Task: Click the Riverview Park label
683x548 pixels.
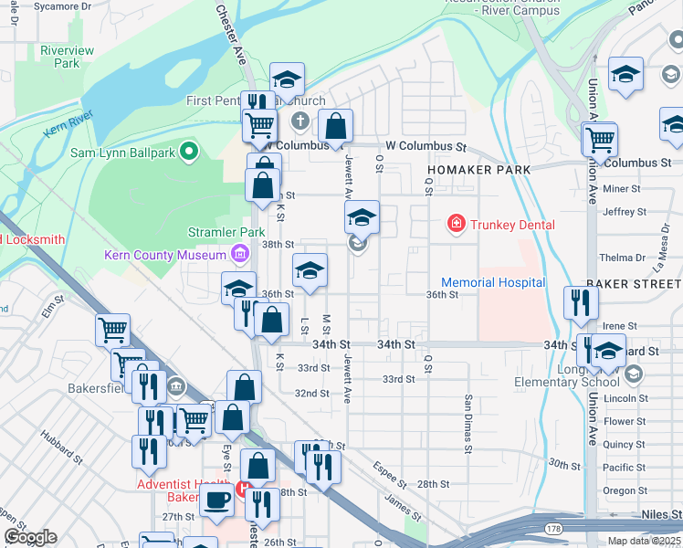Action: tap(67, 57)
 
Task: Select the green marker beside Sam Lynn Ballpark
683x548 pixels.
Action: tap(190, 152)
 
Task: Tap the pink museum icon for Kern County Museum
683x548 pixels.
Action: tap(239, 253)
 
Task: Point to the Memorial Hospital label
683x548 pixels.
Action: tap(493, 282)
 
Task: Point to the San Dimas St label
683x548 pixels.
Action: tap(468, 424)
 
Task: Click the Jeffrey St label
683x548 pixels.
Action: tap(625, 211)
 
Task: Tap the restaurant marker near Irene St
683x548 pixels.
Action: tap(579, 303)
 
